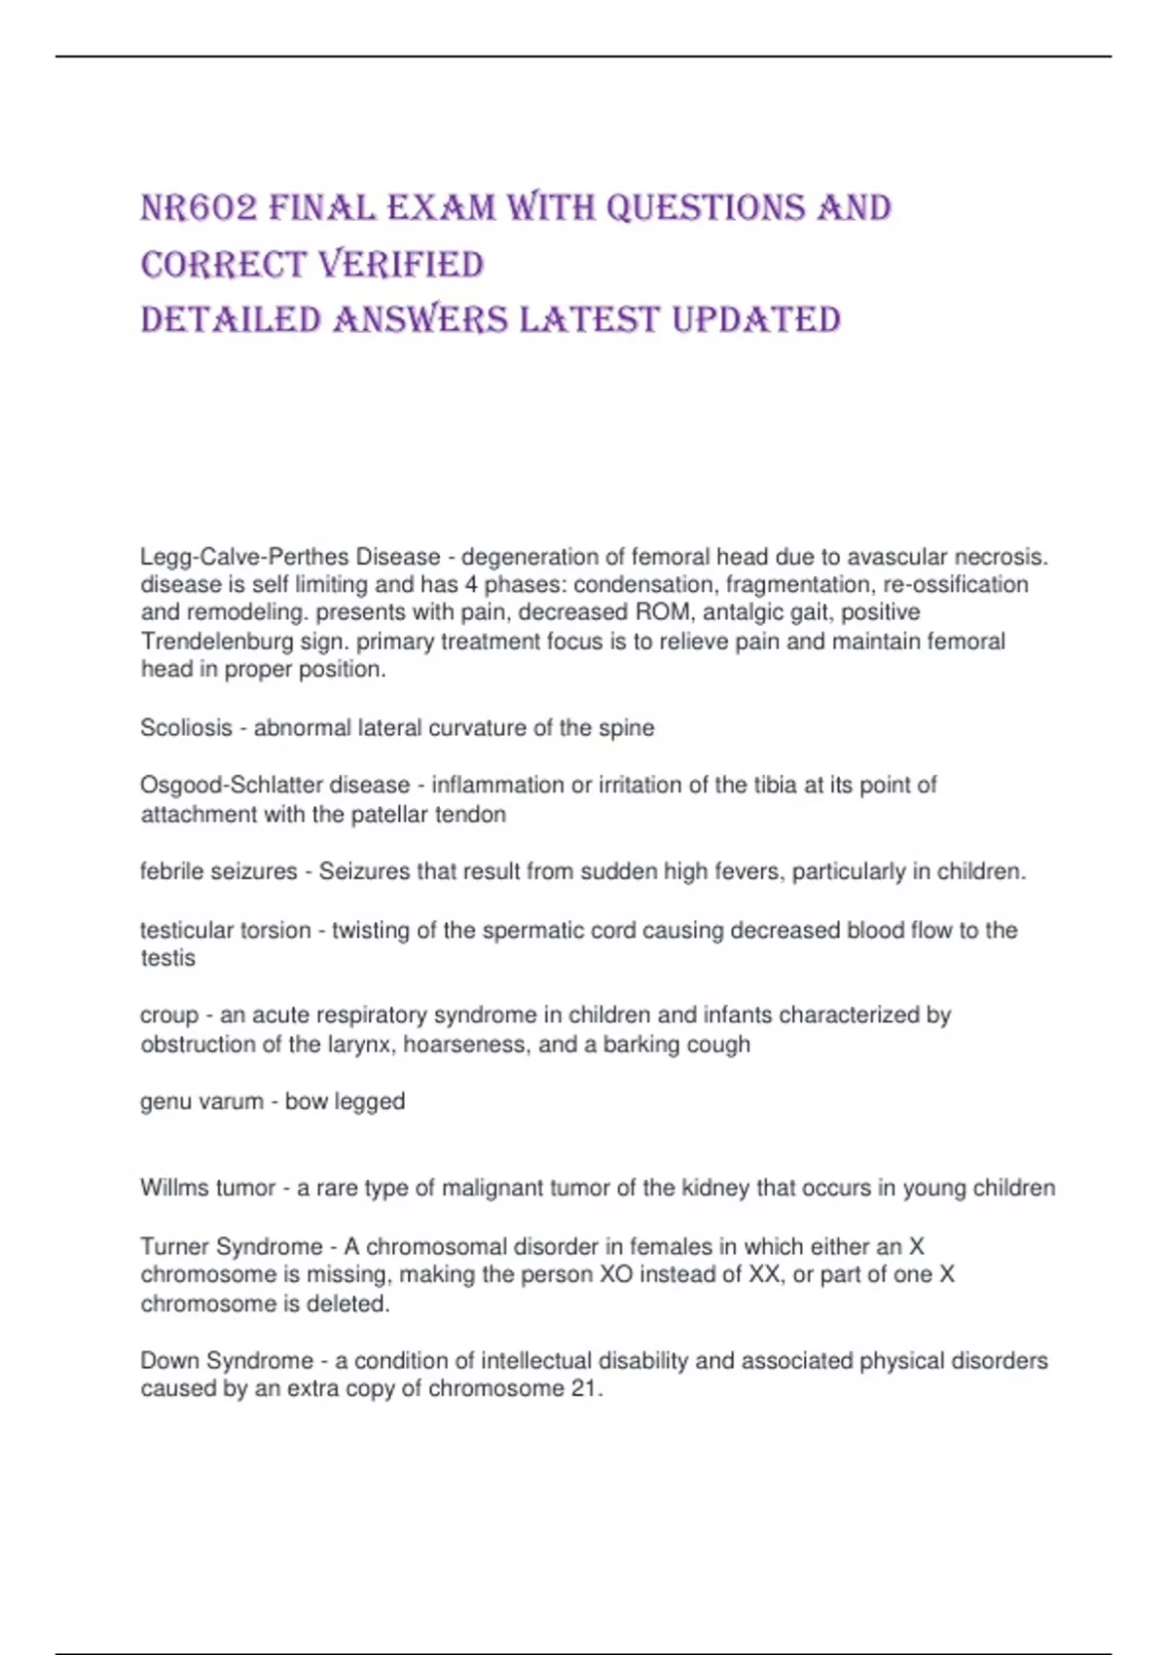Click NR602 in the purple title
coord(199,208)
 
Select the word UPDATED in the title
coord(756,320)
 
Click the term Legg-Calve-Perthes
coord(244,557)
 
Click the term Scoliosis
coord(186,728)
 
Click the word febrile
coord(172,871)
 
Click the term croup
coord(168,1015)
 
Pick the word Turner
coord(175,1247)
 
